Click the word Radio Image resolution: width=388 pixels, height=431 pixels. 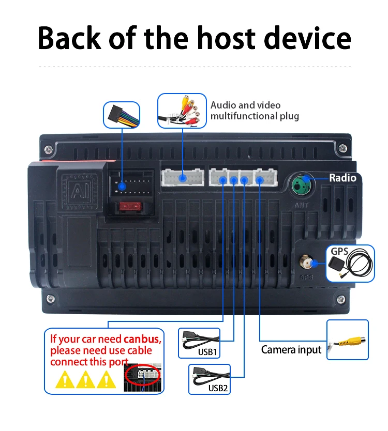coord(342,178)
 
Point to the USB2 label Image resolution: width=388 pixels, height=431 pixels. coord(218,388)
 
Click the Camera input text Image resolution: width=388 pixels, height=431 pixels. coord(291,350)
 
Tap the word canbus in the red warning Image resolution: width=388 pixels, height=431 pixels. coord(142,340)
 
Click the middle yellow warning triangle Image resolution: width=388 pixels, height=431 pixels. coord(85,380)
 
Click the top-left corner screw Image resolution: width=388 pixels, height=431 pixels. coord(48,149)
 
